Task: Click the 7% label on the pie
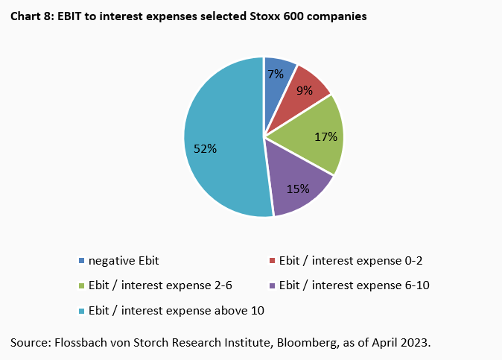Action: (275, 74)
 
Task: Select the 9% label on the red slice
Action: (304, 91)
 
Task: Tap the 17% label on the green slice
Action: (326, 136)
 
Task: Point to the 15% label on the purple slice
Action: (298, 189)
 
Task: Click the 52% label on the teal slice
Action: (205, 148)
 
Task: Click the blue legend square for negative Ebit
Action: (81, 261)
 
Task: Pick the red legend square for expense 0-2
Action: (272, 261)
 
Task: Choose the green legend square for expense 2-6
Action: (81, 285)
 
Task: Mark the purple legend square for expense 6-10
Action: (272, 285)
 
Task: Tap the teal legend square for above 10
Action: (81, 309)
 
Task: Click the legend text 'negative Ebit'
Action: (124, 261)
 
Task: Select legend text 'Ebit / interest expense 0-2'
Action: (351, 261)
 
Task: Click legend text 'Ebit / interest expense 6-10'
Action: (354, 285)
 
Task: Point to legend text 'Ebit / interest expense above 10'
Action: (177, 309)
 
